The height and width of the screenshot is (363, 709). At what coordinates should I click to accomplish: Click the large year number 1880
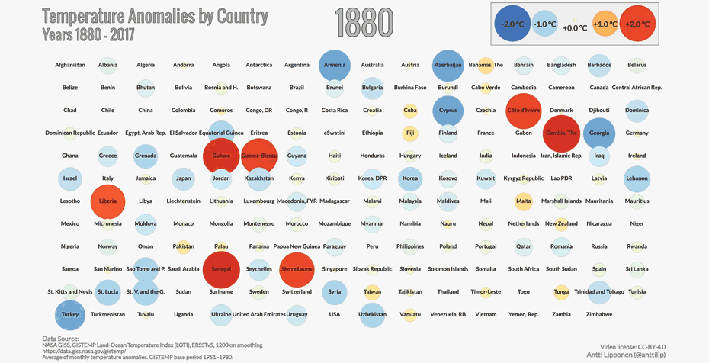[364, 23]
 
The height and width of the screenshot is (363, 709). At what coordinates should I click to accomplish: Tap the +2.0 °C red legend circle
[638, 24]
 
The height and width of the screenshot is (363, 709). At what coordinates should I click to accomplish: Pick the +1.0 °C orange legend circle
[605, 24]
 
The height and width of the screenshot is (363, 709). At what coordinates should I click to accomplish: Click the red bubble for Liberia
[107, 201]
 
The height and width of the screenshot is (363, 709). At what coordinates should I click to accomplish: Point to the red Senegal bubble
[221, 269]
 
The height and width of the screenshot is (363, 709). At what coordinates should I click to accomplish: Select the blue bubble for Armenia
[334, 65]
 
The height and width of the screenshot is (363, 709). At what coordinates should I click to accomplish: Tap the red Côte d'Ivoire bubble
[524, 111]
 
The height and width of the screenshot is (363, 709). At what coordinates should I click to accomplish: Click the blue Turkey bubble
[69, 314]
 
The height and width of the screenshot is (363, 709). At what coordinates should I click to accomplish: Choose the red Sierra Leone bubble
[297, 269]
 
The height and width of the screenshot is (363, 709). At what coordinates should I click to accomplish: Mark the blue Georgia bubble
[599, 133]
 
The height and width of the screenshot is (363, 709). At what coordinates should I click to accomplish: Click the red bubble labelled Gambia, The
[561, 133]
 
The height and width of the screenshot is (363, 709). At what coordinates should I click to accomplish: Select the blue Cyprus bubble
[448, 111]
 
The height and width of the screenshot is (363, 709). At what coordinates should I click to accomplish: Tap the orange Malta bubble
[524, 201]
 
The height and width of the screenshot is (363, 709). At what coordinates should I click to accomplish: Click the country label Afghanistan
[70, 65]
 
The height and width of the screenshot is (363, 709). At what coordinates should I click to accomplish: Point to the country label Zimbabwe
[599, 314]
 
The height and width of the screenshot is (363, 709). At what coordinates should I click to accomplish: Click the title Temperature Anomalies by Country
[155, 16]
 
